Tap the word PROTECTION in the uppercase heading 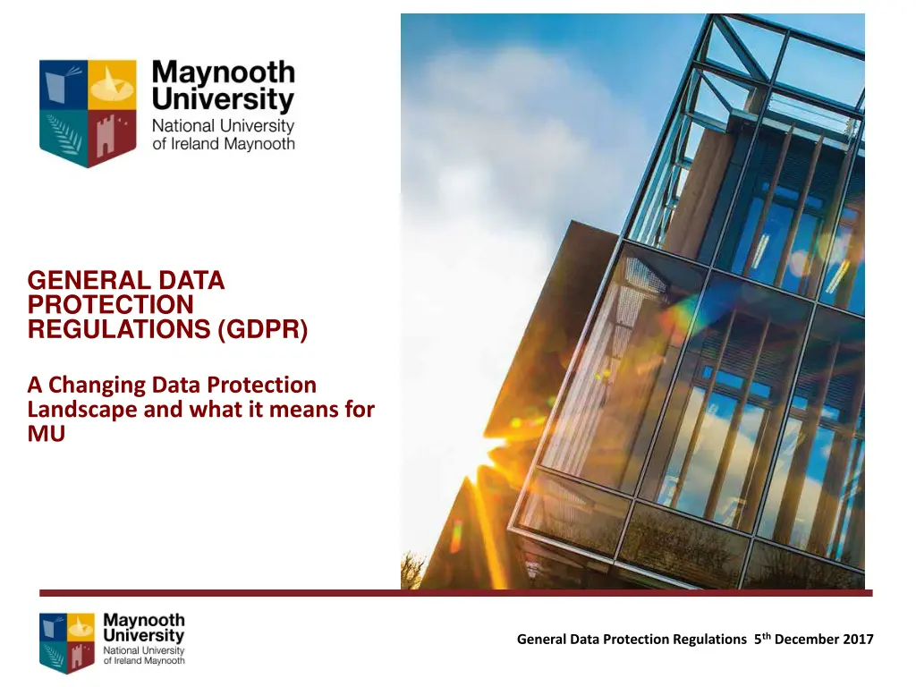pos(110,306)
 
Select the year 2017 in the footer pos(854,639)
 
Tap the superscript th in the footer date pos(768,635)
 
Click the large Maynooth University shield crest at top pos(75,113)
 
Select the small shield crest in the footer pos(67,640)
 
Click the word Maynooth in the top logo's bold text pos(223,72)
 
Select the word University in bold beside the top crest pos(223,99)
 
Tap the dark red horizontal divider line pos(455,593)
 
